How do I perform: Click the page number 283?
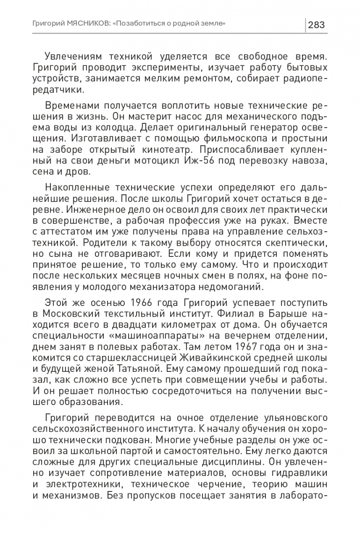pyautogui.click(x=317, y=24)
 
